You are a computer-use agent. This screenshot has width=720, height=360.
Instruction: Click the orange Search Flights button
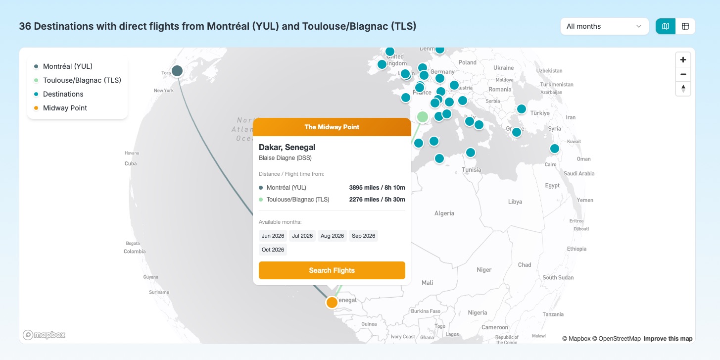(332, 270)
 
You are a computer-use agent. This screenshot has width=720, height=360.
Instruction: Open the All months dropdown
(604, 26)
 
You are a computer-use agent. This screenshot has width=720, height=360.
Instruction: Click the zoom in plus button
(683, 60)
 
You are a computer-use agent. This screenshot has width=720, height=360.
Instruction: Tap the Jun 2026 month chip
(273, 236)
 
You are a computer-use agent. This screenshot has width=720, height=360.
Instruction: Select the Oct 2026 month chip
(273, 250)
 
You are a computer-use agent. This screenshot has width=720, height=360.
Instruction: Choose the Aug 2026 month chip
(332, 236)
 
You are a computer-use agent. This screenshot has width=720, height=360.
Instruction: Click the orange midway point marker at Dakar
(332, 302)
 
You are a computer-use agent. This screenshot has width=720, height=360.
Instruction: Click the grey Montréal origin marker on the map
(177, 71)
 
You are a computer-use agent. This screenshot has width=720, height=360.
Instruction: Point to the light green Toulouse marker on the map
(423, 117)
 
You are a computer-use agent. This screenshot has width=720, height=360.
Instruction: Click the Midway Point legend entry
(65, 108)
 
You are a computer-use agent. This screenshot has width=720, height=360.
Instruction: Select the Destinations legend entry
(63, 94)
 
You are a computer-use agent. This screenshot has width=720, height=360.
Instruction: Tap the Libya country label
(515, 202)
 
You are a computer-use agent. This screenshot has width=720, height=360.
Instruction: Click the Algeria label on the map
(444, 213)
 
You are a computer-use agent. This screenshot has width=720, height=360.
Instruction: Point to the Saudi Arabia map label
(579, 173)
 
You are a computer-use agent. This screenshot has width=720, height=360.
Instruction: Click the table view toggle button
(685, 26)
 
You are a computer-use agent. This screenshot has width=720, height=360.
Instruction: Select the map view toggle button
(666, 26)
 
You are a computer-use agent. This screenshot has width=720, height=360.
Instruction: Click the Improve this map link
(668, 339)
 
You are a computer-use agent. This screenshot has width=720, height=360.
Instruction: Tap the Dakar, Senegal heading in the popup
(287, 147)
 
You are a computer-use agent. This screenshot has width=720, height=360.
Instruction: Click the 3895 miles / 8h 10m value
(377, 188)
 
